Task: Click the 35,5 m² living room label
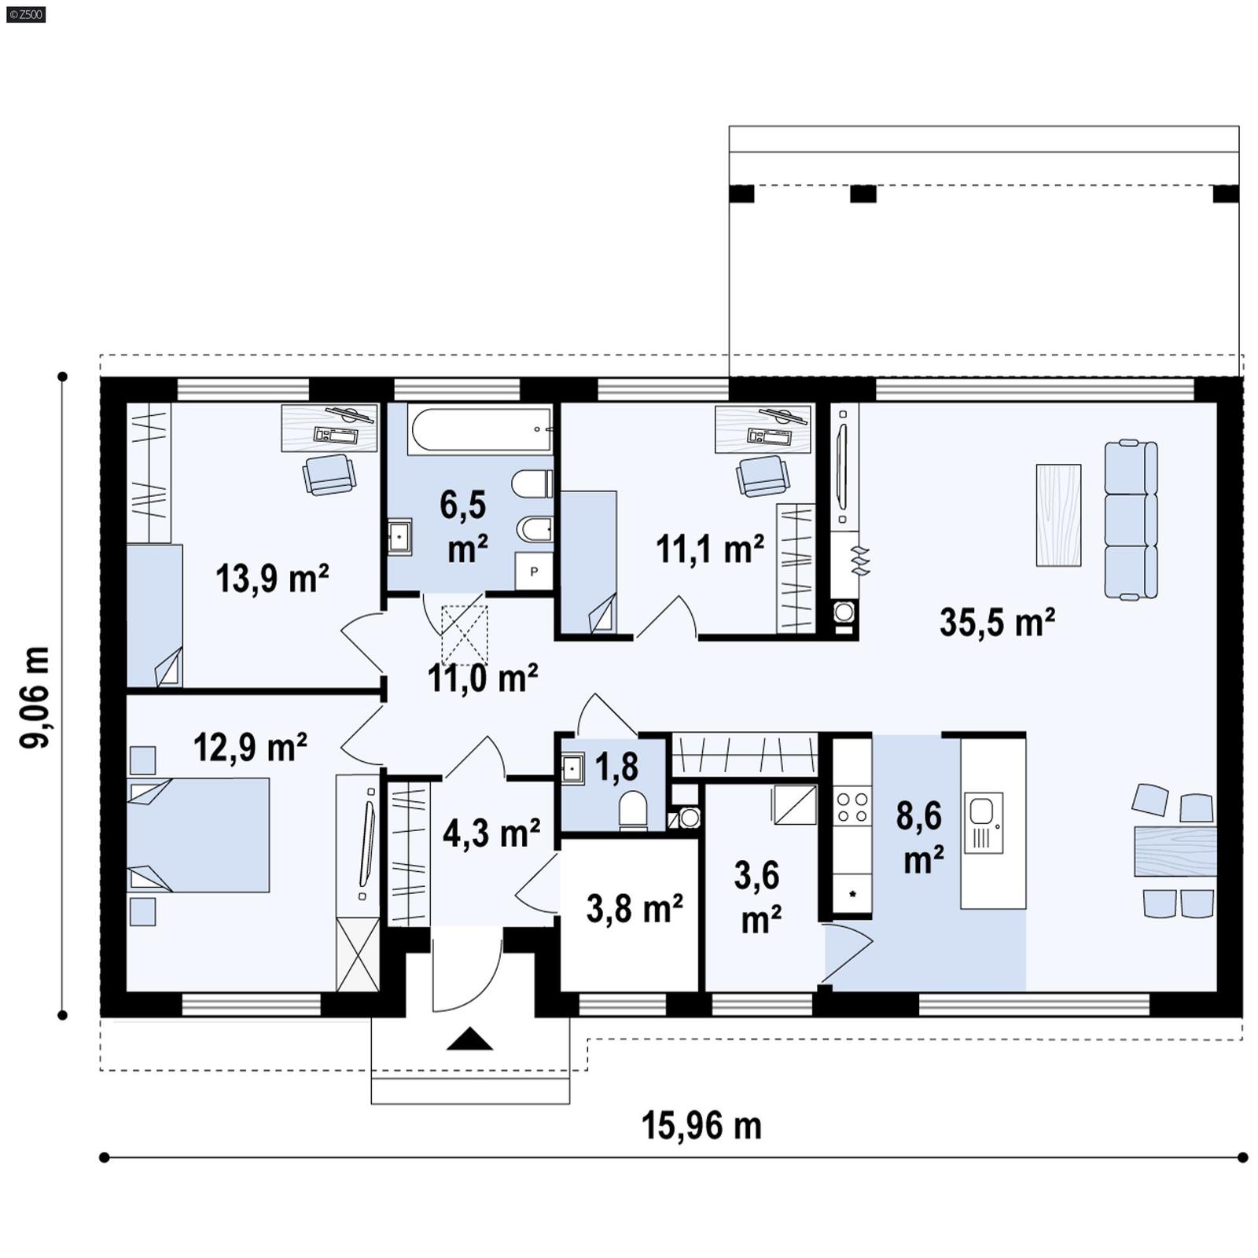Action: (996, 623)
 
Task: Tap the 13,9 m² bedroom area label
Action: (271, 579)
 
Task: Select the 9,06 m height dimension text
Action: (36, 697)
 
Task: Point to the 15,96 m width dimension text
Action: (701, 1126)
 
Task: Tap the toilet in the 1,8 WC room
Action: (633, 810)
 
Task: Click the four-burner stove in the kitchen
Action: (852, 807)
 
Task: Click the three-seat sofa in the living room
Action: (1131, 520)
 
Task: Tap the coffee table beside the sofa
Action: (1058, 515)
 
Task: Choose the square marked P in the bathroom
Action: (534, 572)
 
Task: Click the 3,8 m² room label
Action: (634, 909)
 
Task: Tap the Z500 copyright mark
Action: (25, 14)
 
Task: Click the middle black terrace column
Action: (863, 193)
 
